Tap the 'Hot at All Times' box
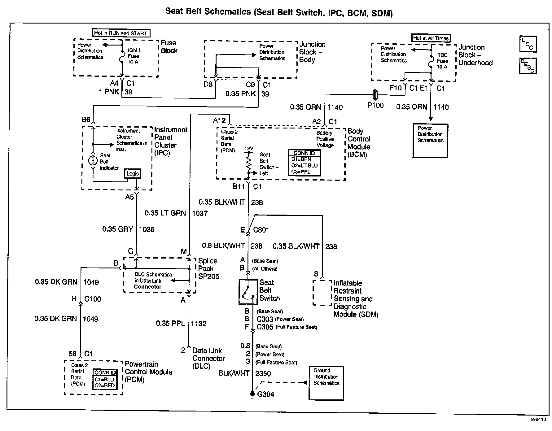point(431,38)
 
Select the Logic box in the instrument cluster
point(133,173)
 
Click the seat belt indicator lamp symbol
point(93,160)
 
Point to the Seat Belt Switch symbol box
point(248,292)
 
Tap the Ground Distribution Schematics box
point(326,383)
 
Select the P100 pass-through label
point(375,105)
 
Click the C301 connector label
point(261,230)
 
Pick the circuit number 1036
point(147,229)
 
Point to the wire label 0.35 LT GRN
point(165,213)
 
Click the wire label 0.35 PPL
point(170,324)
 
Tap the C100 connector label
point(93,299)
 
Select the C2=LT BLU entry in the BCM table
point(304,165)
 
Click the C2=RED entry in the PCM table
point(105,385)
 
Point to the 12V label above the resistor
point(249,149)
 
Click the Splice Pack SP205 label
point(208,268)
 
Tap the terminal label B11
point(239,186)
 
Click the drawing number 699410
point(538,420)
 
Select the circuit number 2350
point(263,374)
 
